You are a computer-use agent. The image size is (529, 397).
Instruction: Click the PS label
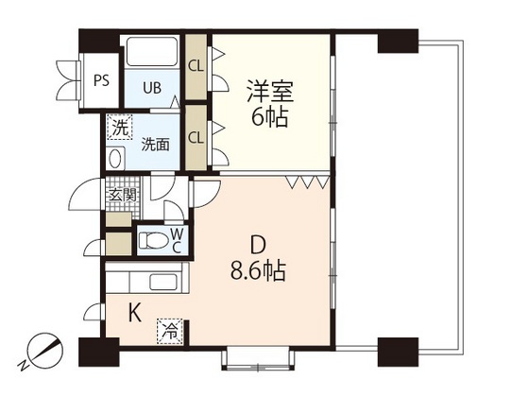101,79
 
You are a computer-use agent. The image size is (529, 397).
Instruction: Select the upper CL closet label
196,66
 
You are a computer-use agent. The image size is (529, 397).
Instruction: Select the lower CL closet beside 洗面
196,136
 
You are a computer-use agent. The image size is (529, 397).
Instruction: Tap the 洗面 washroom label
155,145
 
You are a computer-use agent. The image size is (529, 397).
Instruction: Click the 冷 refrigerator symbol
170,332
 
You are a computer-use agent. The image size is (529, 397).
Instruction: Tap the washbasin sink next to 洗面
117,159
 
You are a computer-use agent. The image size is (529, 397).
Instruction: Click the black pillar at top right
396,43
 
